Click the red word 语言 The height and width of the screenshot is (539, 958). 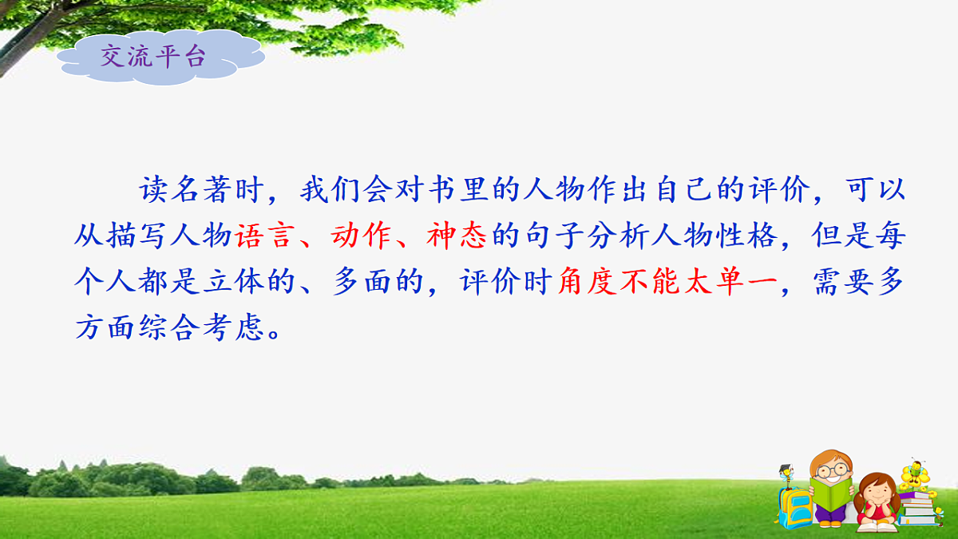263,237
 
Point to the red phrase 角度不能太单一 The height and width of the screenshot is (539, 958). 667,283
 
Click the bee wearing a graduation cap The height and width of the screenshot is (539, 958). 787,474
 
